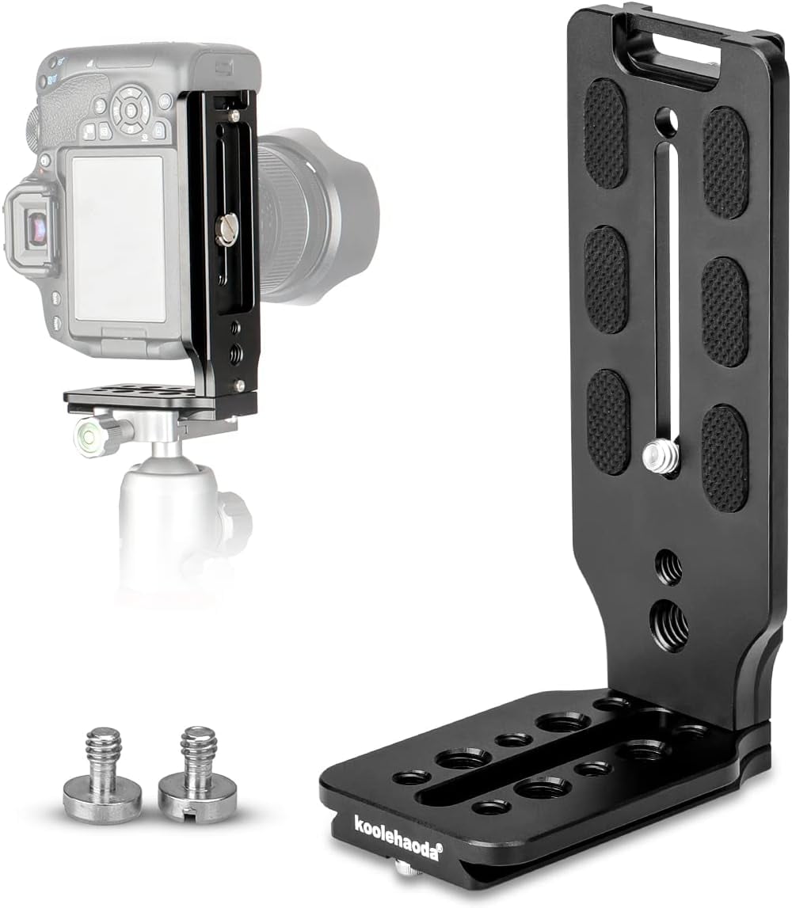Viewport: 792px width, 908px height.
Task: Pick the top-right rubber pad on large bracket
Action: point(725,162)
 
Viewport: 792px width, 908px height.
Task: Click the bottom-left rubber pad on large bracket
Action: point(607,422)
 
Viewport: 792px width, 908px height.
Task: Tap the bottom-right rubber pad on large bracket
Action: point(725,458)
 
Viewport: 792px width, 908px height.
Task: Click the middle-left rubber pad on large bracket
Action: point(606,279)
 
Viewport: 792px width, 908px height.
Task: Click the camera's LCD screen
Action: point(118,237)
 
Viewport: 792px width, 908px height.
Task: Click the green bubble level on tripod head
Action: point(87,435)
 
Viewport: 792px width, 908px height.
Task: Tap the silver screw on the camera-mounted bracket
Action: point(224,230)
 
